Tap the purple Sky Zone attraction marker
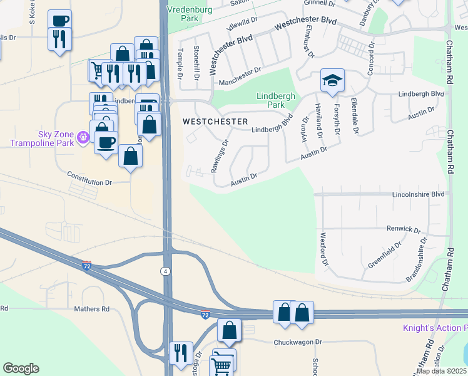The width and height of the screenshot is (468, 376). (82, 135)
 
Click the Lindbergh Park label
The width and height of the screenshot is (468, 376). (271, 100)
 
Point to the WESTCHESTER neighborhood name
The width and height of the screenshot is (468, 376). (215, 121)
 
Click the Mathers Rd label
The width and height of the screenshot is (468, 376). (91, 309)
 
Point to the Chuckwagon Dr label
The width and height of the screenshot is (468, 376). (297, 342)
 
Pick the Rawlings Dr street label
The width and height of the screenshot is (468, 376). (220, 157)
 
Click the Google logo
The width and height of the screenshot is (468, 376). (21, 368)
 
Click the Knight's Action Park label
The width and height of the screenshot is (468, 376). (435, 328)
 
